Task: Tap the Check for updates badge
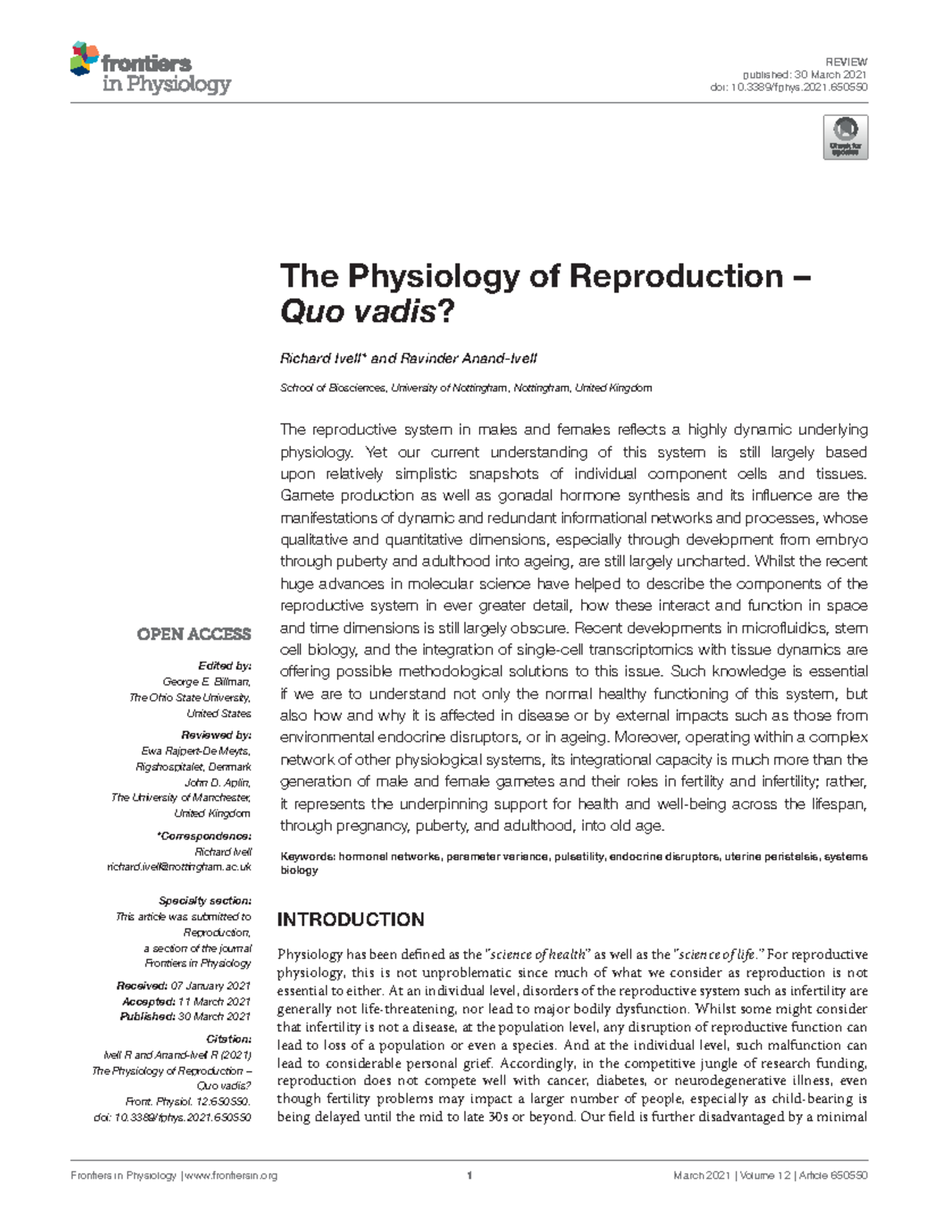click(845, 138)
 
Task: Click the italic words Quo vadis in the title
click(357, 313)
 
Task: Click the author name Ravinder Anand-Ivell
click(468, 358)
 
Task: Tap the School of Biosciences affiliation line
click(466, 388)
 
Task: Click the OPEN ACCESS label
click(194, 634)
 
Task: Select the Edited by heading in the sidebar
click(225, 666)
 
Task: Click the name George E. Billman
click(206, 681)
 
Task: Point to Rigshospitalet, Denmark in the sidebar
click(193, 767)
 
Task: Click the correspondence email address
click(178, 867)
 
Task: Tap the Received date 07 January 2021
click(210, 986)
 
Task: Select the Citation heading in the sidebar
click(228, 1039)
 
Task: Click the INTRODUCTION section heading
click(351, 919)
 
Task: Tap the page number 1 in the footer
click(469, 1175)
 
